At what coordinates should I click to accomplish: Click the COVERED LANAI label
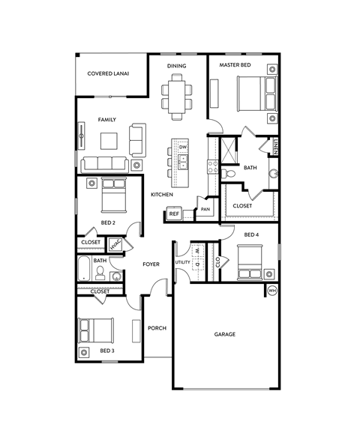108,73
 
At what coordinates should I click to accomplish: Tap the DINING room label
176,66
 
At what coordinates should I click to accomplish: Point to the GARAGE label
224,334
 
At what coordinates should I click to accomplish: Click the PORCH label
157,328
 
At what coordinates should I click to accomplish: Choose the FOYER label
153,264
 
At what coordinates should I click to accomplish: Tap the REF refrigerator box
173,214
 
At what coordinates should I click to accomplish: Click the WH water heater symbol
272,290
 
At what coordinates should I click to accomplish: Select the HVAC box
115,243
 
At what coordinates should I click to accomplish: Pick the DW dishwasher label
183,148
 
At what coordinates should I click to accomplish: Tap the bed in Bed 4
249,261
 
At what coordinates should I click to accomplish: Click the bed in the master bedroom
253,96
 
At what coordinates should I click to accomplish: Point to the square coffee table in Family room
109,140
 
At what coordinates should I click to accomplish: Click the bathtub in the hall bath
82,268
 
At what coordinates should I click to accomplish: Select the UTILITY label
182,262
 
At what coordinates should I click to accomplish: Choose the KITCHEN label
162,195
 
